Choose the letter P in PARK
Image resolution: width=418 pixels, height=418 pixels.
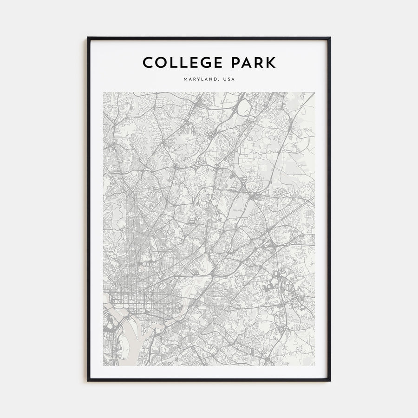[x=237, y=62]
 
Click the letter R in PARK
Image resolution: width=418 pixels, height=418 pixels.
[x=260, y=62]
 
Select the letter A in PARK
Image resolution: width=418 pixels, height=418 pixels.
[x=248, y=62]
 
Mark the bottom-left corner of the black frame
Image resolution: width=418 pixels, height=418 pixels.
[x=88, y=380]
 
